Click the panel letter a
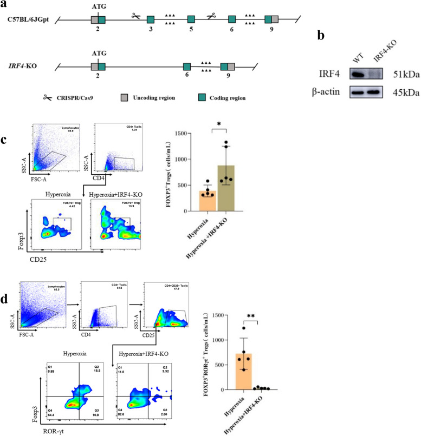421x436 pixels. [5, 4]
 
